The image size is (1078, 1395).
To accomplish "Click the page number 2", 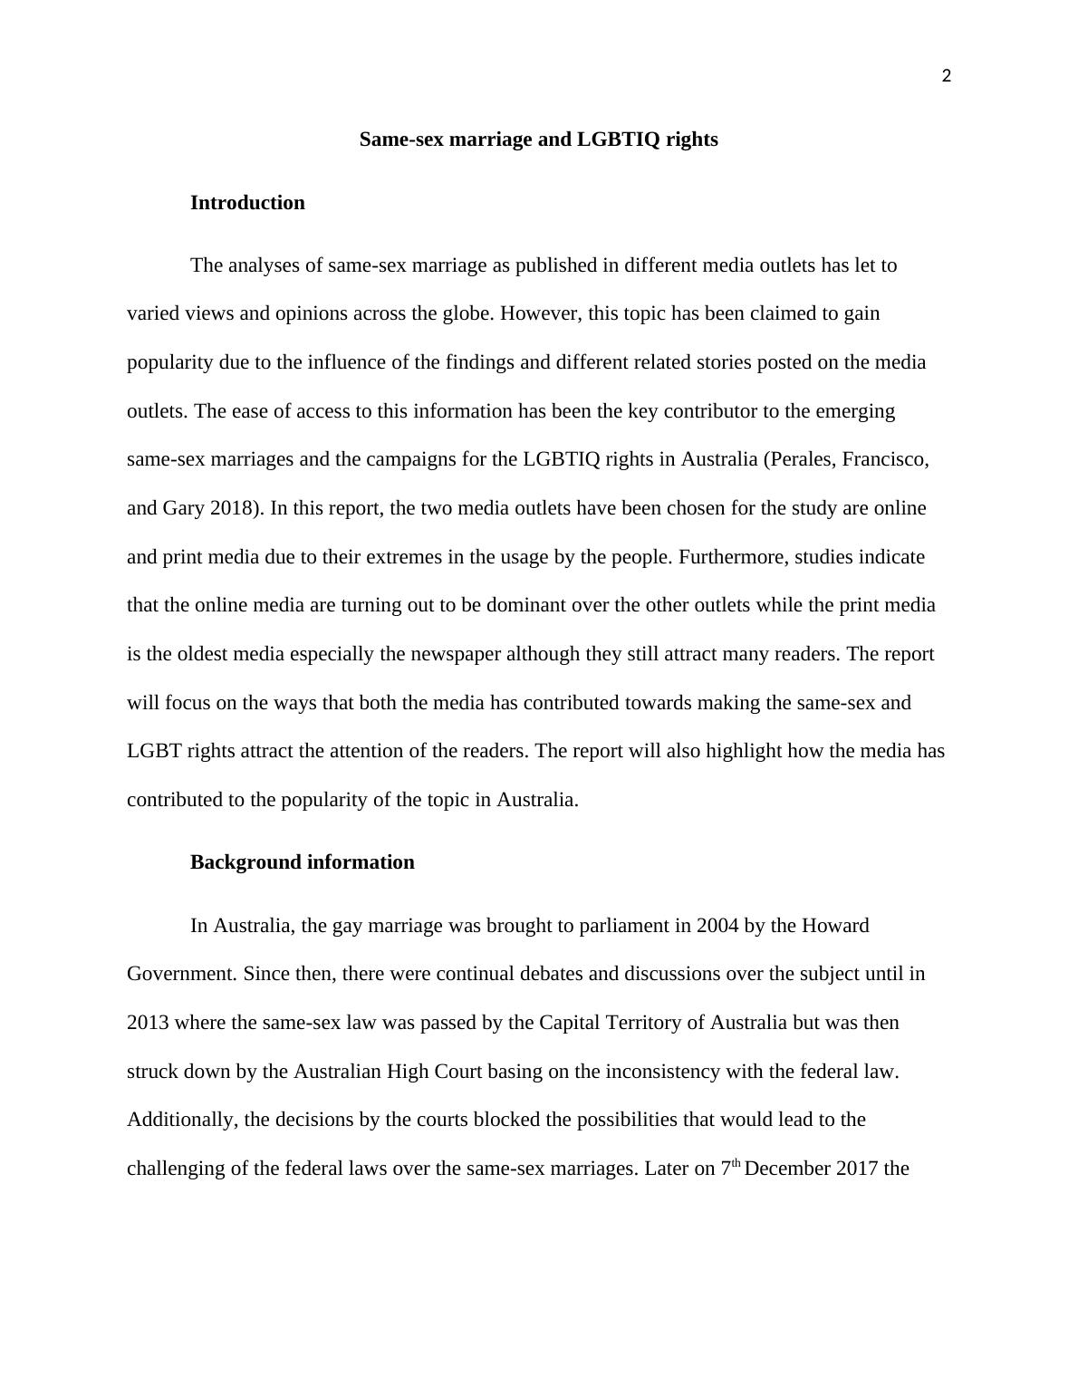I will tap(947, 77).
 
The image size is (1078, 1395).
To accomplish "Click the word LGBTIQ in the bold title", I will tap(618, 139).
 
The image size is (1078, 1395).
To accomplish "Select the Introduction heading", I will tap(247, 203).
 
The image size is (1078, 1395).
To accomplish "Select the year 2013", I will tap(148, 1023).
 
